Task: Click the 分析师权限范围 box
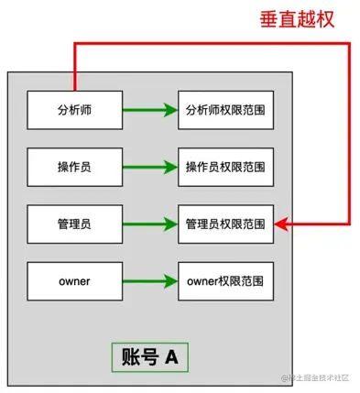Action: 225,110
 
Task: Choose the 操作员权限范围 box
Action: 225,167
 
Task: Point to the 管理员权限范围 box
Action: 225,224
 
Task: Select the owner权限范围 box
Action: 225,280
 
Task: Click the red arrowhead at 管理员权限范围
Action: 280,224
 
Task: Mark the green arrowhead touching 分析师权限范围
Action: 171,110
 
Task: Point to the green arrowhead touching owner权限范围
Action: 171,280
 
